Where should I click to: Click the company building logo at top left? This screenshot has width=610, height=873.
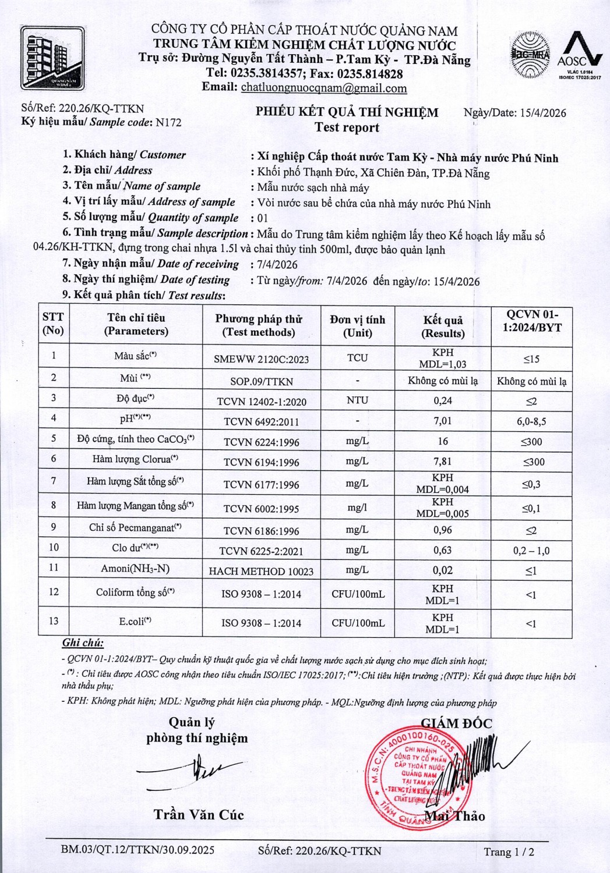pos(52,59)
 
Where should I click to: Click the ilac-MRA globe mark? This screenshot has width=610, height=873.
pos(530,55)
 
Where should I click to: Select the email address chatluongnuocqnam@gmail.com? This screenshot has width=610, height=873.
pos(324,88)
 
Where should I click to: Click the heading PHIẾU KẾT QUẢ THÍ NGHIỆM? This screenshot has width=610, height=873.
pos(347,112)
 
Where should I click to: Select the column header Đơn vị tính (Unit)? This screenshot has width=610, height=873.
pos(357,326)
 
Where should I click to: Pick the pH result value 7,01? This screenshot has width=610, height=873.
pos(443,420)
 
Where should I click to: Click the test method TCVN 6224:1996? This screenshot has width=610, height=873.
pos(261,442)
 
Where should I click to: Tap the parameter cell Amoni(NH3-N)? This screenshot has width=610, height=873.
pos(135,569)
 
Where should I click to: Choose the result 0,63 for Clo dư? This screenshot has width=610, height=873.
pos(443,550)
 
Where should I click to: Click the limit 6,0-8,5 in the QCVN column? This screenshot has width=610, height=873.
pos(531,421)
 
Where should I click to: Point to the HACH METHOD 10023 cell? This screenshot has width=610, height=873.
pos(261,571)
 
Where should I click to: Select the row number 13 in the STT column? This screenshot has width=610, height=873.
pos(54,621)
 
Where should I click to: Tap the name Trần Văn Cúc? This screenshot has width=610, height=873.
pos(199,815)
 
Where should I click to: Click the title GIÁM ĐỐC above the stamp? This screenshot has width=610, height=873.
pos(456,723)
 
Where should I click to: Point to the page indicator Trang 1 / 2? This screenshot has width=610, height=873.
pos(509,852)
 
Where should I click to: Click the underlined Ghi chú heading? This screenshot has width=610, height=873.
pos(83,643)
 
